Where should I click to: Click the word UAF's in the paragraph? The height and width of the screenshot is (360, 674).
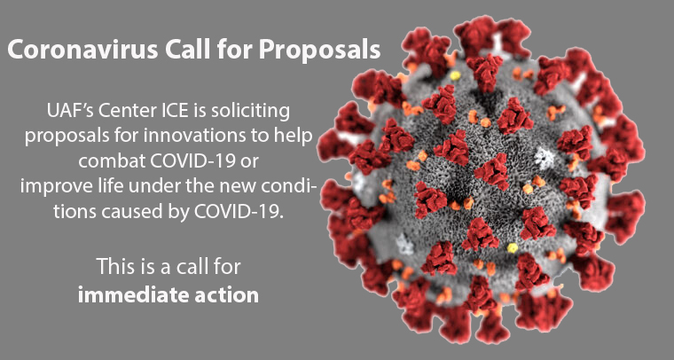tap(69, 111)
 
